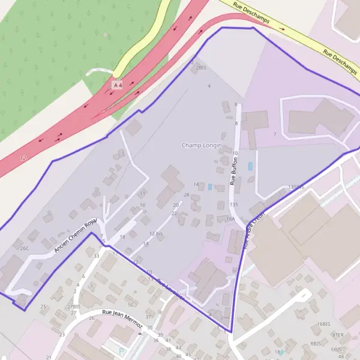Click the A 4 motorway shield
[118, 86]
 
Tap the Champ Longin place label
[202, 146]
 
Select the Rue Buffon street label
[233, 172]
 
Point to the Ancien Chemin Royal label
[76, 235]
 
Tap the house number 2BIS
[201, 68]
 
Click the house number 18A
[230, 219]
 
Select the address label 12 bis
[156, 233]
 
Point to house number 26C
[24, 248]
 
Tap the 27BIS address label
[74, 306]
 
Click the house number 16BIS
[324, 324]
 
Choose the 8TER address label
[338, 335]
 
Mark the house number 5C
[131, 305]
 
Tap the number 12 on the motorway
[23, 158]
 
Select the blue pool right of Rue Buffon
[250, 166]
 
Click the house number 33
[97, 256]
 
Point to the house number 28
[187, 195]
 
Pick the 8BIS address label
[316, 343]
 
